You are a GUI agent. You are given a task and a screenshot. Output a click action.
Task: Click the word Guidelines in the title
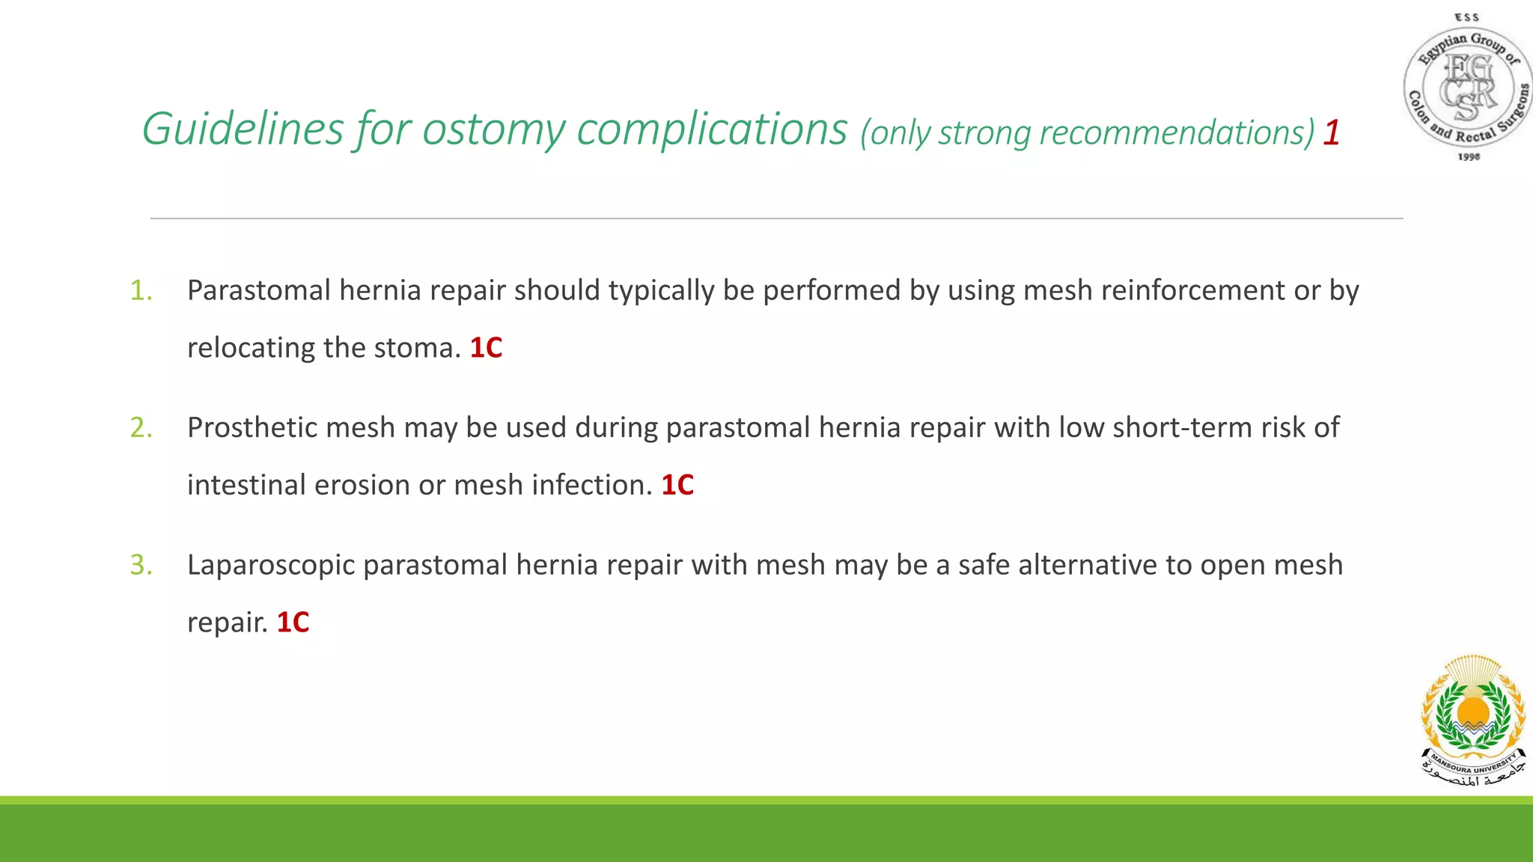tap(243, 129)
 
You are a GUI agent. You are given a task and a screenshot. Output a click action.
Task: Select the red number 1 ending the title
tap(1331, 133)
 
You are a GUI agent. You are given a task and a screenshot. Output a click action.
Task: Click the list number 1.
tap(141, 290)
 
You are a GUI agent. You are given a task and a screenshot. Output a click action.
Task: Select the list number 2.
tap(141, 427)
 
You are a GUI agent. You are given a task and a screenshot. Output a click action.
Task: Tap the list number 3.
tap(141, 565)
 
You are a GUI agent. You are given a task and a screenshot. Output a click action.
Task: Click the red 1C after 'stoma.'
tap(486, 348)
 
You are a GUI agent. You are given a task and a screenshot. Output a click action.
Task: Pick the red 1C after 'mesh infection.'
tap(677, 485)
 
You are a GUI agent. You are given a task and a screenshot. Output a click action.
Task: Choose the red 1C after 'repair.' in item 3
tap(293, 623)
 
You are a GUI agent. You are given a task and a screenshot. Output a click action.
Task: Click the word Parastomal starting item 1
tap(258, 290)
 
